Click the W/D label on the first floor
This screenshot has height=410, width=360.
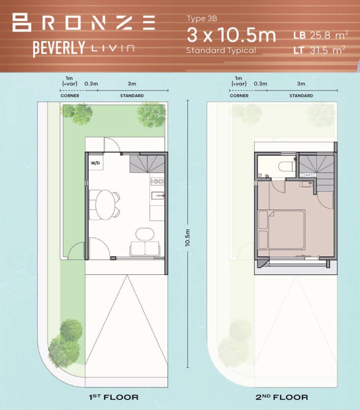pos(95,163)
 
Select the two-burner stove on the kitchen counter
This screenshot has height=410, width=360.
pos(157,181)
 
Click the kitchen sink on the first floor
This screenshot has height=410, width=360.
pos(158,195)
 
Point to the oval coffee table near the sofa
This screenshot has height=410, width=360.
pos(145,234)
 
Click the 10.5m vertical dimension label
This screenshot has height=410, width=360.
pos(187,237)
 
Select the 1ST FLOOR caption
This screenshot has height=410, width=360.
pos(114,398)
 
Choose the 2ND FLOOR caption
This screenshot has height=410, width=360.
pos(282,398)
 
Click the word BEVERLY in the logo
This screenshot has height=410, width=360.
pos(59,48)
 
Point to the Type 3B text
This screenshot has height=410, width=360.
pos(201,18)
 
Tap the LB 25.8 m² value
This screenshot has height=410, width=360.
pos(320,35)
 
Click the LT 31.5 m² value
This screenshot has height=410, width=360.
pos(319,50)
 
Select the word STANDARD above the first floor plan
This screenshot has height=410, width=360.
pos(132,96)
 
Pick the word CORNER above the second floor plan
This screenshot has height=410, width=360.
pos(239,96)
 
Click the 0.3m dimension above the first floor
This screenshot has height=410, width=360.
pos(91,84)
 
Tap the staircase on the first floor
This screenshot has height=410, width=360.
pos(147,164)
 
